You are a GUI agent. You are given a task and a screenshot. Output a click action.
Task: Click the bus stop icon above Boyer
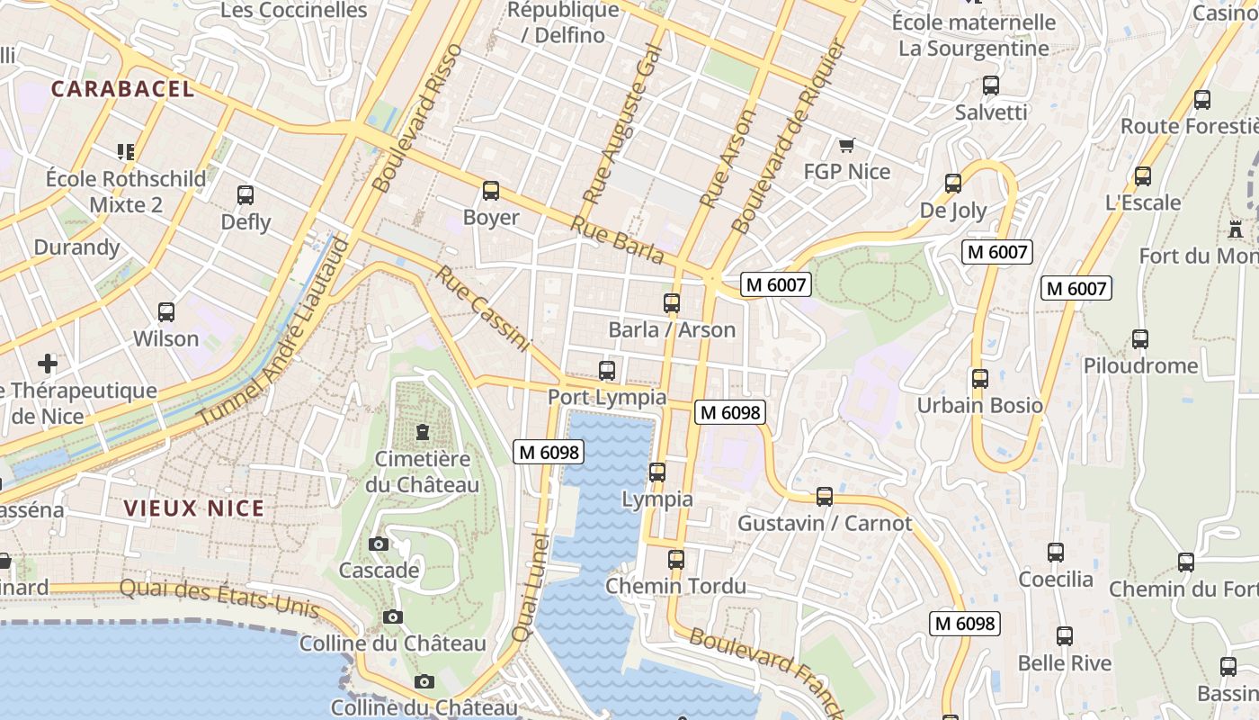490,191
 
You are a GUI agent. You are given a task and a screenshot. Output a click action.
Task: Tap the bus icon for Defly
245,195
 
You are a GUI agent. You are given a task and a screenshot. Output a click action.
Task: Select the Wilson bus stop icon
166,312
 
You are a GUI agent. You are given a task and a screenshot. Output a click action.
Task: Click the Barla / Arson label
672,329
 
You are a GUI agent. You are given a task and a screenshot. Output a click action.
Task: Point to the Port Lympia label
607,397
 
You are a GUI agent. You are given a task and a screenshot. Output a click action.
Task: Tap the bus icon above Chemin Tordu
676,560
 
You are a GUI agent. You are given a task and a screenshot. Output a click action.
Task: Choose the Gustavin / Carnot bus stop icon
824,497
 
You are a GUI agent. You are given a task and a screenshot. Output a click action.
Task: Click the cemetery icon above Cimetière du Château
422,433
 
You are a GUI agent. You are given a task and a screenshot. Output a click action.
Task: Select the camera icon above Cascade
379,544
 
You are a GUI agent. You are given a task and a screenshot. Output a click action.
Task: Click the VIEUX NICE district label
194,508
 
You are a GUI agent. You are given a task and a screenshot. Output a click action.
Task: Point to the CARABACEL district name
122,88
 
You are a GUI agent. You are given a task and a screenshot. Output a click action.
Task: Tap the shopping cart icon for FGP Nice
846,145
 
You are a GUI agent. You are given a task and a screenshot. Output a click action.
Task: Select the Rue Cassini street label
483,308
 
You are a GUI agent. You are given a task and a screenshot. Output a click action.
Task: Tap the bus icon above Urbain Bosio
980,379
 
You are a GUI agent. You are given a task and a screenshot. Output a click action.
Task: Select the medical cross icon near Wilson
48,364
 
